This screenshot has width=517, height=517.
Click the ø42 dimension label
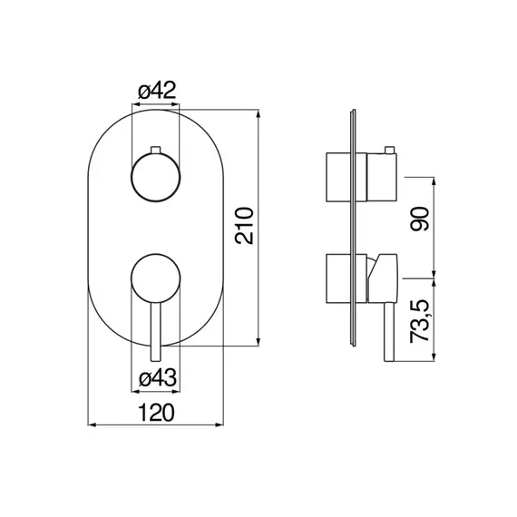point(157,91)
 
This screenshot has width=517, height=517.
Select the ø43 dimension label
point(158,378)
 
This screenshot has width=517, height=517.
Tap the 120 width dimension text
point(156,412)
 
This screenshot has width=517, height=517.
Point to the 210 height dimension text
point(244,226)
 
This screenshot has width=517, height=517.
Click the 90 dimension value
point(420,219)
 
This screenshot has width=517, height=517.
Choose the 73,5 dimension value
point(420,321)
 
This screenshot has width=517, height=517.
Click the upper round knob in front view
point(156,177)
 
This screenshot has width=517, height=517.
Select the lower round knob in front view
point(156,278)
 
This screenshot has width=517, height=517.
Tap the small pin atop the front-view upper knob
point(155,150)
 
